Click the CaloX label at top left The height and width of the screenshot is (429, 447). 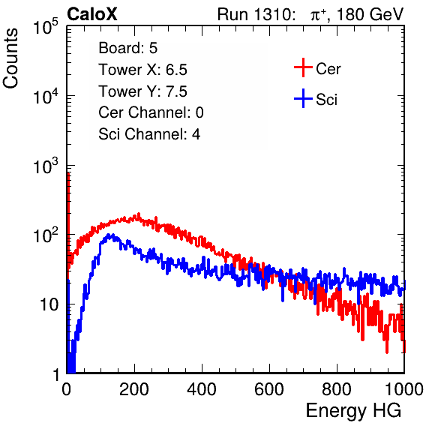pos(92,14)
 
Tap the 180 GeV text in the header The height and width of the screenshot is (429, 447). pos(370,14)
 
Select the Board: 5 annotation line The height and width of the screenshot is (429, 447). pos(128,48)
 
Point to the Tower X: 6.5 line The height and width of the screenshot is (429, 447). pos(142,70)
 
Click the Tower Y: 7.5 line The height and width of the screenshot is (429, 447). pos(142,91)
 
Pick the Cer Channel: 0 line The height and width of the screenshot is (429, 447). pos(151,112)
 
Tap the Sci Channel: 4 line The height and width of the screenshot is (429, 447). pos(149,134)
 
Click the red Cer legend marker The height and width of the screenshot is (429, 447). pos(303,67)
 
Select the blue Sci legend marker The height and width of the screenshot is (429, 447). pos(303,98)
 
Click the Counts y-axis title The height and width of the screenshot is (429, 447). pos(10,58)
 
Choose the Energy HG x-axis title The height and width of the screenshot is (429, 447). pos(353,411)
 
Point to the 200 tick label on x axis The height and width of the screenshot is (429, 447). pos(134,389)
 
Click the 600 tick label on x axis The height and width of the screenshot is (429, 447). pos(269,389)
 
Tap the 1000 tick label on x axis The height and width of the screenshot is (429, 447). pos(404,389)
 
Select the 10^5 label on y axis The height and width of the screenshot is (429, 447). pos(46,27)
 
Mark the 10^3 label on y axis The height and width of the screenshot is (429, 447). pos(46,166)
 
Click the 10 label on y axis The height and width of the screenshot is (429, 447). pos(49,305)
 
